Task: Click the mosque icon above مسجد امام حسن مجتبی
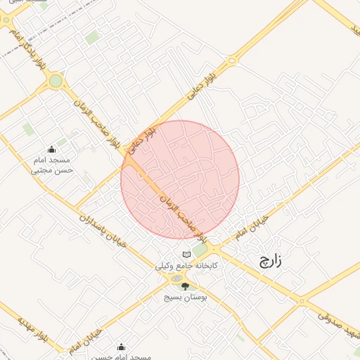coord(51,150)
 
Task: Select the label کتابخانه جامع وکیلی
coord(186,267)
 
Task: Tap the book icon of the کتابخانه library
coord(186,255)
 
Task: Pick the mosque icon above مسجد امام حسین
coord(121,347)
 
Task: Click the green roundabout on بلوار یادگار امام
coord(56,81)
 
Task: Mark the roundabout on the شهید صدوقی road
coord(304,302)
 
